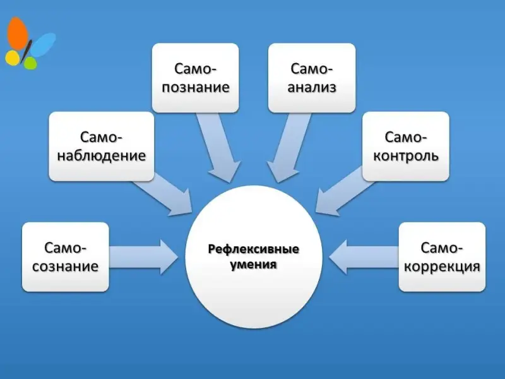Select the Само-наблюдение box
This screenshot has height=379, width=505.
click(x=102, y=146)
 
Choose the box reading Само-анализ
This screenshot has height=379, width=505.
click(x=312, y=77)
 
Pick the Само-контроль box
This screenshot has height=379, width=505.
click(x=406, y=146)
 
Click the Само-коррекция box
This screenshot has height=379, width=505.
click(x=442, y=256)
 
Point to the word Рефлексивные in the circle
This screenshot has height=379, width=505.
click(x=254, y=249)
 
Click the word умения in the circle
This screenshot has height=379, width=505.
click(x=254, y=265)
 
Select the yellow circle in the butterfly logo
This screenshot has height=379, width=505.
click(x=12, y=58)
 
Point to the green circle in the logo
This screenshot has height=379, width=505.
click(x=30, y=63)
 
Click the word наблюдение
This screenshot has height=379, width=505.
click(x=102, y=155)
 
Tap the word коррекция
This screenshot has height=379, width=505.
click(x=442, y=266)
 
